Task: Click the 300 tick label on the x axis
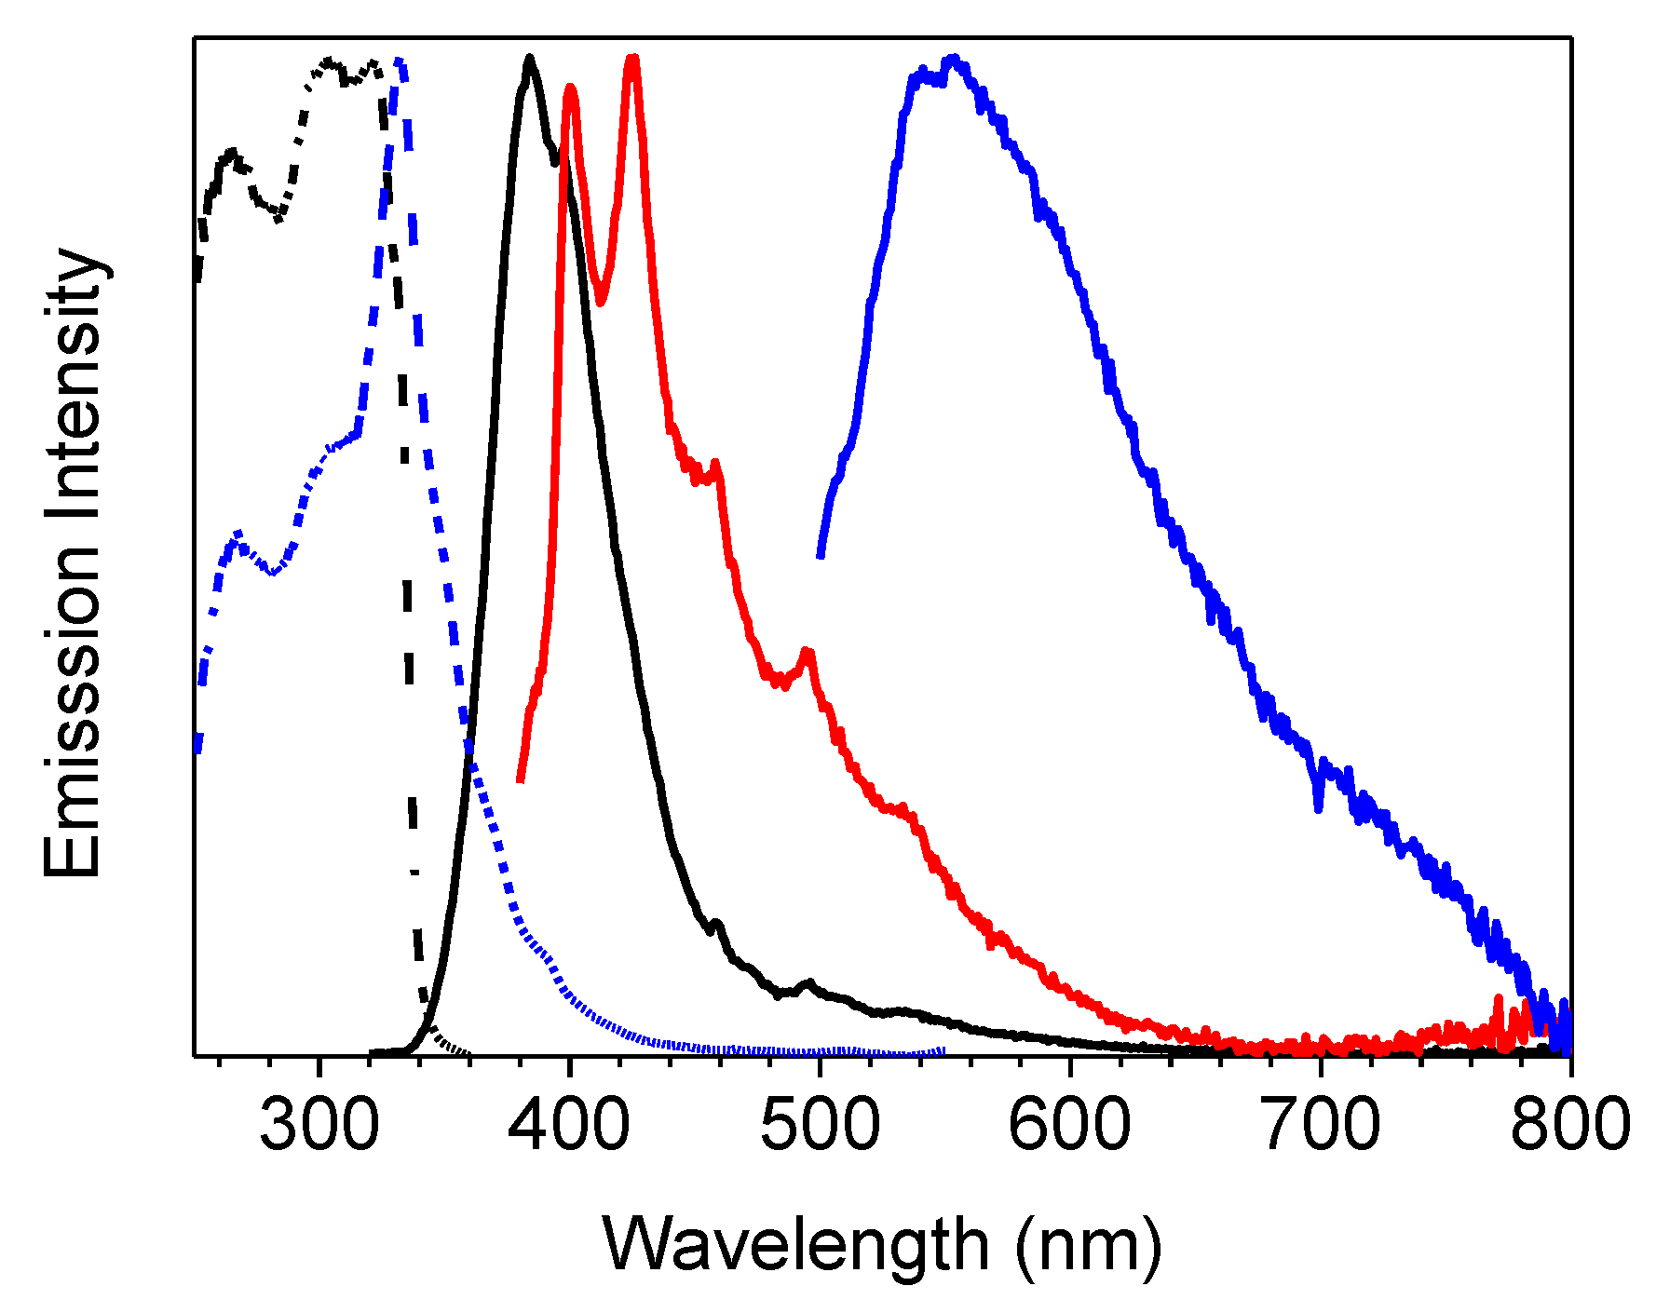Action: coord(319,1126)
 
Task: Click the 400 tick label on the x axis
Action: coord(569,1126)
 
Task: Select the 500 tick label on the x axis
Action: coord(820,1126)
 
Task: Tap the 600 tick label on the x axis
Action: coord(1069,1126)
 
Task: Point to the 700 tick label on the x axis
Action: coord(1320,1126)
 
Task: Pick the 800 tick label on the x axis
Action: coord(1569,1126)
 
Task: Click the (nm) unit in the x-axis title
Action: coord(1089,1246)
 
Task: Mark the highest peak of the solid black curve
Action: coord(530,60)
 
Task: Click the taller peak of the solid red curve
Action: coord(632,60)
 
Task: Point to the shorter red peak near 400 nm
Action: coord(570,88)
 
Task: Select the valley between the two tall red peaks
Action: coord(601,301)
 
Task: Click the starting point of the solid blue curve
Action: coord(820,556)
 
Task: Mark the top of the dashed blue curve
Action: coord(400,61)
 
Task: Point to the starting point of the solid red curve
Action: coord(520,780)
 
